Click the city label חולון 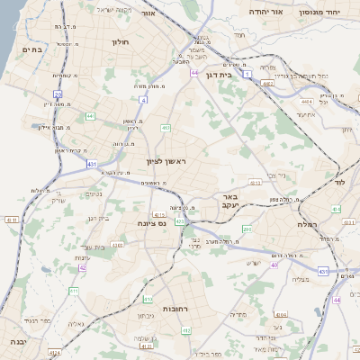point(121,42)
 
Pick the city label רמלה point(309,224)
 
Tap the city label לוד point(339,182)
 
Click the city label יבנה point(16,343)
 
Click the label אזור point(175,14)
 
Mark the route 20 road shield point(58,93)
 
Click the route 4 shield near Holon point(143,100)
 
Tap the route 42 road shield point(82,267)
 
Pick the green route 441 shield point(90,115)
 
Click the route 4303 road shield point(118,244)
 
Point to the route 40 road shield point(274,265)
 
